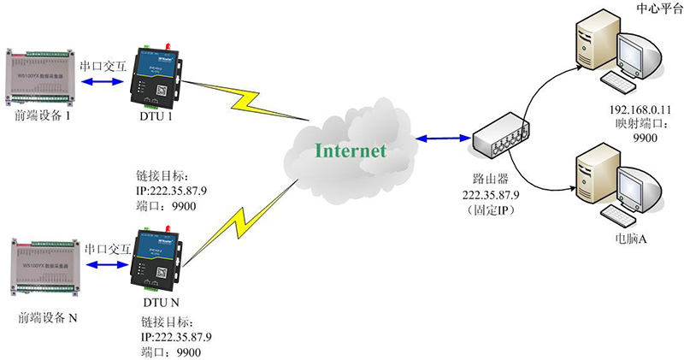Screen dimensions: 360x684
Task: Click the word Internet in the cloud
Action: coord(351,150)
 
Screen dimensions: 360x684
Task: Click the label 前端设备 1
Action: coord(43,116)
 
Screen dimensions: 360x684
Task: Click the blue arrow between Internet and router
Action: coord(441,138)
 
